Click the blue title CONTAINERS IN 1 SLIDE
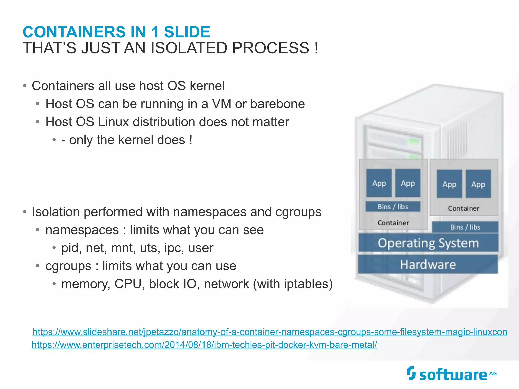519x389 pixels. tap(116, 32)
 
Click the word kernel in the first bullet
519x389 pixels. tap(207, 86)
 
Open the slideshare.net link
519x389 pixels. tap(270, 332)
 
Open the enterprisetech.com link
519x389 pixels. tap(204, 345)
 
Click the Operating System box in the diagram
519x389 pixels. tap(428, 243)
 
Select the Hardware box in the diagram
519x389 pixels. tap(428, 265)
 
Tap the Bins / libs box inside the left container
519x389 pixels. tap(393, 207)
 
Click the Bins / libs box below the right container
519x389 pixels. tap(465, 227)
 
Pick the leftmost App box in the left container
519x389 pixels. tap(379, 183)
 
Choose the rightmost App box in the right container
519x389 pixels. tap(478, 184)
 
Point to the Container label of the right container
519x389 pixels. tap(464, 208)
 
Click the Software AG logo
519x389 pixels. tap(451, 374)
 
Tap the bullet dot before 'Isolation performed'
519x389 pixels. tap(25, 212)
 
